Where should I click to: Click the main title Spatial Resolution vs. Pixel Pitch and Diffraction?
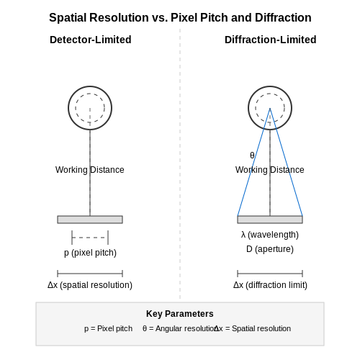pos(180,18)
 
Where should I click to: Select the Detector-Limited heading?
pos(91,40)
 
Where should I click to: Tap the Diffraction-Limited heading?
pos(270,40)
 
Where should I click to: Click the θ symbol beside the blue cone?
pos(252,156)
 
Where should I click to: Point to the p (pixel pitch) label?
pos(90,253)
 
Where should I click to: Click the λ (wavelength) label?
pos(270,235)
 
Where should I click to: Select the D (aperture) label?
pos(270,249)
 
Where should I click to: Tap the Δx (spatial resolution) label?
pos(90,285)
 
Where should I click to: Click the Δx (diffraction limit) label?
pos(270,285)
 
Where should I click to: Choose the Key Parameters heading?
pos(180,314)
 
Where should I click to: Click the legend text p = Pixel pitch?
pos(108,328)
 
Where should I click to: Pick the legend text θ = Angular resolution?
pos(179,328)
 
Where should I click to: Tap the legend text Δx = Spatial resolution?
pos(252,328)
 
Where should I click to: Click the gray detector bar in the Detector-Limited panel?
pos(90,220)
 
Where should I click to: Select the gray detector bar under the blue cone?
pos(270,220)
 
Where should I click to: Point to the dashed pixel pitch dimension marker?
pos(90,238)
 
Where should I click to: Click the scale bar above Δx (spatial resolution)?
pos(90,274)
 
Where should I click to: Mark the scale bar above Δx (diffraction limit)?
pos(270,274)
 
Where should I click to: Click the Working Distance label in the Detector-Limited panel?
pos(90,170)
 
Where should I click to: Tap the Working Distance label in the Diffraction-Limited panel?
pos(270,170)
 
